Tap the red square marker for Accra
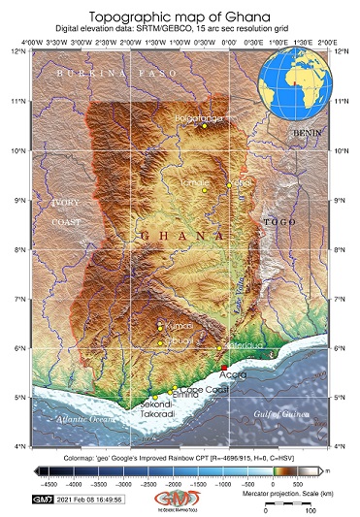[x=224, y=366]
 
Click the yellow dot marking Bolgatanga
[x=205, y=126]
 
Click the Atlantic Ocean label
[x=84, y=419]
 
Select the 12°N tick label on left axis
[x=16, y=51]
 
